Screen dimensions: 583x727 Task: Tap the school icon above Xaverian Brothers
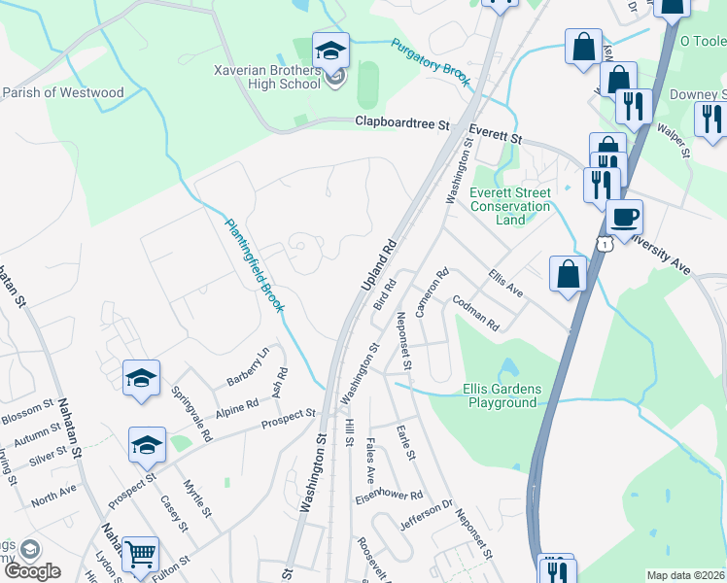pyautogui.click(x=330, y=50)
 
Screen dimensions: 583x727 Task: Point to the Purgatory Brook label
pyautogui.click(x=431, y=62)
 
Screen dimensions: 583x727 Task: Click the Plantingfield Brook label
pyautogui.click(x=255, y=264)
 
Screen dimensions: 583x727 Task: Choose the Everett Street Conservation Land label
pyautogui.click(x=510, y=206)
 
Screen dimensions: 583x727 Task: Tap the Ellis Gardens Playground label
pyautogui.click(x=500, y=394)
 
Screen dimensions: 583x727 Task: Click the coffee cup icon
pyautogui.click(x=624, y=217)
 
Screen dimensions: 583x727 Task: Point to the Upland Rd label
pyautogui.click(x=379, y=264)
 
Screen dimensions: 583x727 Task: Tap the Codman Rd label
pyautogui.click(x=474, y=314)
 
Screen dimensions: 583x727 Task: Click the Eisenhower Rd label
pyautogui.click(x=389, y=496)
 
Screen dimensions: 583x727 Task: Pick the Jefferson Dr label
pyautogui.click(x=427, y=515)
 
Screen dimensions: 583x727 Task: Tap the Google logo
pyautogui.click(x=32, y=571)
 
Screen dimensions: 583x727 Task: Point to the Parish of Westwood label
pyautogui.click(x=63, y=93)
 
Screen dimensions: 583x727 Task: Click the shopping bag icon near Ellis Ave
pyautogui.click(x=568, y=274)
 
